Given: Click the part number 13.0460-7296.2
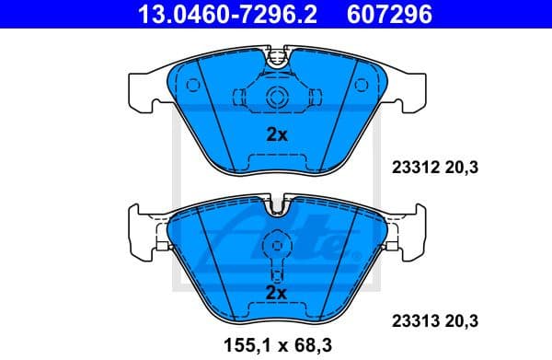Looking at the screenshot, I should [x=220, y=15].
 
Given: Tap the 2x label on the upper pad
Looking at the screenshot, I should [x=277, y=134].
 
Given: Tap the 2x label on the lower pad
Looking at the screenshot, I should [x=277, y=293].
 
